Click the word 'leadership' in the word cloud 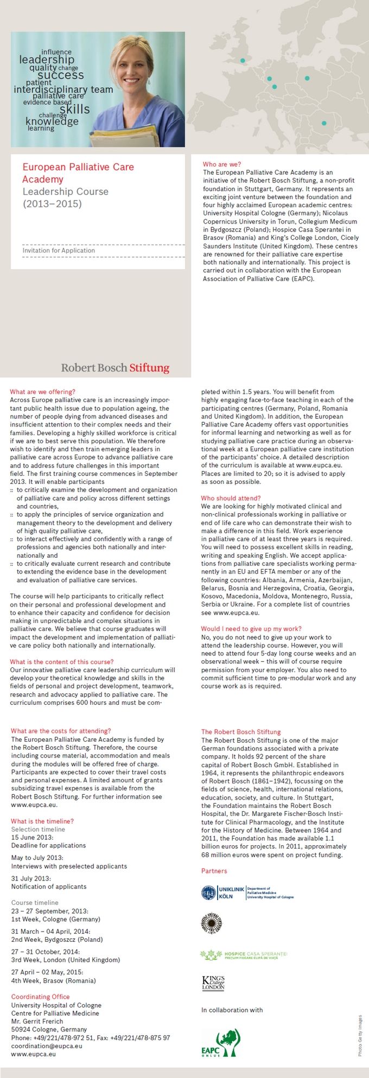[47, 60]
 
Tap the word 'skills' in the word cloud [74, 109]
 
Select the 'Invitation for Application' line [59, 251]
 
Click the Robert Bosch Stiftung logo [115, 368]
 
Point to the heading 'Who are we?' [221, 164]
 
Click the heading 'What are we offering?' [42, 392]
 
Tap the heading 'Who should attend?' [231, 498]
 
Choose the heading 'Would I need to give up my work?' [251, 629]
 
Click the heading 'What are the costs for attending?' [61, 731]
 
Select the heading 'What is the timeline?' [42, 821]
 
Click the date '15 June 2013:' [32, 837]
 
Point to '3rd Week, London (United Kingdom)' [66, 960]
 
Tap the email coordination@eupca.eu [47, 1046]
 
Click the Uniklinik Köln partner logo [247, 892]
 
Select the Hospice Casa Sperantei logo [243, 955]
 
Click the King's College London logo [213, 983]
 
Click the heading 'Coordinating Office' [41, 997]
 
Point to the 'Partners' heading [214, 871]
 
